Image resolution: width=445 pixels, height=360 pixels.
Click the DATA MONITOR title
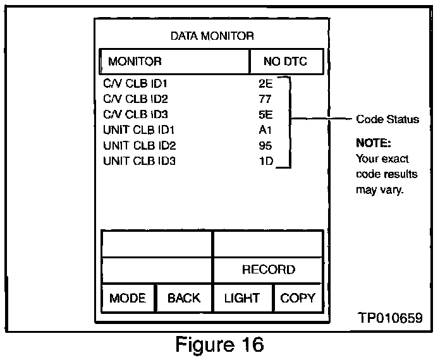point(212,36)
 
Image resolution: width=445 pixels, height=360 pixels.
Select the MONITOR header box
point(174,62)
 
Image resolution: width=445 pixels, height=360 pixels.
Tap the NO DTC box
point(286,62)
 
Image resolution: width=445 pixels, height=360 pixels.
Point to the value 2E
point(265,83)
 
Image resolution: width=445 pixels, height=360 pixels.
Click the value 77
point(265,99)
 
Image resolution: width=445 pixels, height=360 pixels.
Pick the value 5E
point(265,114)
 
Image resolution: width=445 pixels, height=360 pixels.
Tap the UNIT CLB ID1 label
point(139,130)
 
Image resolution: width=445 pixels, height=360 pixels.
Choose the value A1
point(265,130)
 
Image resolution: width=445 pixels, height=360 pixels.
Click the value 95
point(265,146)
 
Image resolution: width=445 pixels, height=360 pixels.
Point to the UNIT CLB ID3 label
point(139,161)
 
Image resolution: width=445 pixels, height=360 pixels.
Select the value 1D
point(265,161)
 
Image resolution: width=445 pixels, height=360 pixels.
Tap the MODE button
point(128,298)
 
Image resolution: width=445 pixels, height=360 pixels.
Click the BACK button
point(183,298)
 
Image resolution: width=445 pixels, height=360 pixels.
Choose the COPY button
point(297,298)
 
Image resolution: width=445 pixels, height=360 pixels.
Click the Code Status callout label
point(387,119)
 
